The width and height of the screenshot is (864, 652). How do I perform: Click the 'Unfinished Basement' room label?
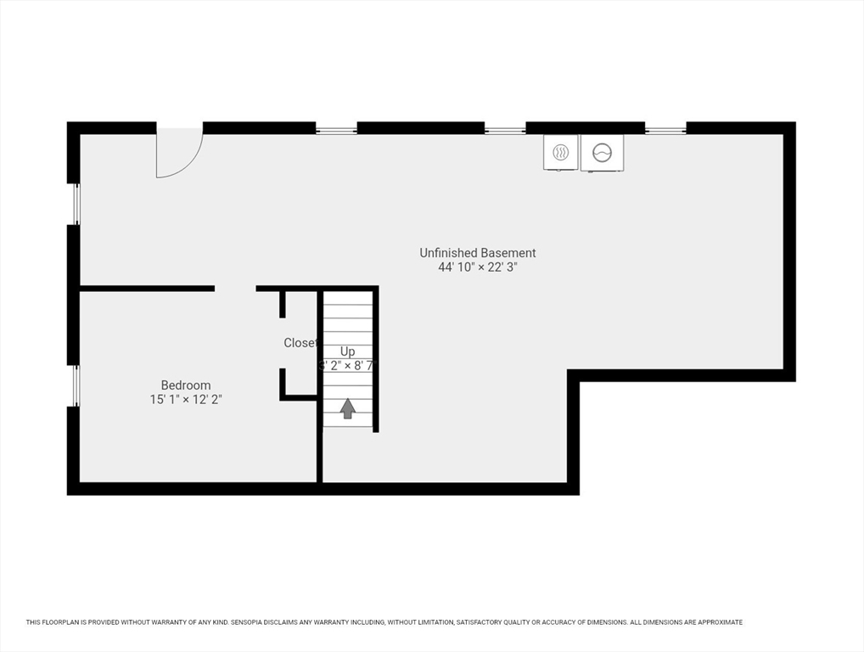[x=477, y=253]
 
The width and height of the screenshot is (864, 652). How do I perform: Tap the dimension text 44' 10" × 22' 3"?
[x=477, y=267]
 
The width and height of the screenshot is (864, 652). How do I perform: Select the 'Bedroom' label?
[x=186, y=385]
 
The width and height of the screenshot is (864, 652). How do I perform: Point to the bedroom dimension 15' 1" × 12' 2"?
[x=186, y=399]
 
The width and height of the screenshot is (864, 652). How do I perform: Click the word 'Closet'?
[x=300, y=343]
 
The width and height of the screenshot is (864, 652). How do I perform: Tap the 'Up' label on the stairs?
[x=348, y=351]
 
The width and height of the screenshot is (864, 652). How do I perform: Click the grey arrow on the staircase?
[x=348, y=409]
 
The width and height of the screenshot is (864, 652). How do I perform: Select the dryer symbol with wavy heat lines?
[x=560, y=152]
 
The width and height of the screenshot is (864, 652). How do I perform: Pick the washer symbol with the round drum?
[x=602, y=153]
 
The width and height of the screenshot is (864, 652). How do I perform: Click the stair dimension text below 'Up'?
[x=348, y=366]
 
